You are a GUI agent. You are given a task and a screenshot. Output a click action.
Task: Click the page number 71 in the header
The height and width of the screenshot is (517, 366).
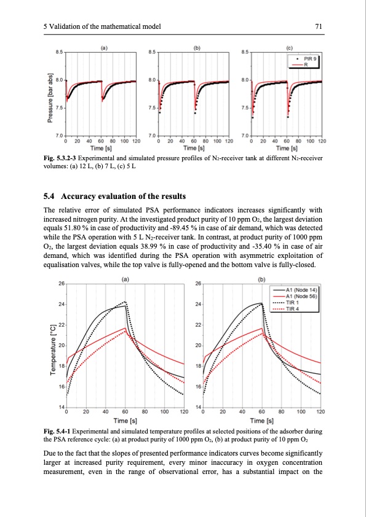319,25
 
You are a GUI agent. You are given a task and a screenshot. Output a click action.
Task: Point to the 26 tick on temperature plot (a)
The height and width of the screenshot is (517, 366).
60,283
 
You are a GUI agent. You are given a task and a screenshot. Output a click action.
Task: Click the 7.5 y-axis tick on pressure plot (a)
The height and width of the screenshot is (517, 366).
60,107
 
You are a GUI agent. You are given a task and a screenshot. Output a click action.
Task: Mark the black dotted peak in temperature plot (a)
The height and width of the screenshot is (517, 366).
125,302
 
